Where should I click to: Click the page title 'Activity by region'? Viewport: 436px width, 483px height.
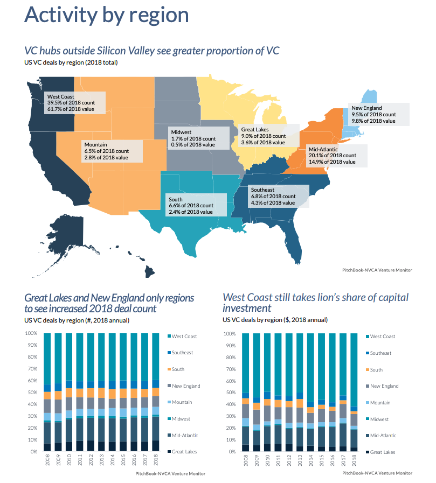pyautogui.click(x=107, y=15)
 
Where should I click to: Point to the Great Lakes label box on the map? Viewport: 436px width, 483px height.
pyautogui.click(x=268, y=136)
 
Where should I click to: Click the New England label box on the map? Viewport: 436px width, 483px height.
pyautogui.click(x=375, y=114)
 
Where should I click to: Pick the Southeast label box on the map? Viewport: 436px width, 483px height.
pyautogui.click(x=278, y=196)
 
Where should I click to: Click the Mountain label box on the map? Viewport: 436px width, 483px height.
pyautogui.click(x=112, y=151)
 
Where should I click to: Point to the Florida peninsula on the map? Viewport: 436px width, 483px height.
pyautogui.click(x=294, y=245)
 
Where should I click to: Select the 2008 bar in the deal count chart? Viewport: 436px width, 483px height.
pyautogui.click(x=47, y=392)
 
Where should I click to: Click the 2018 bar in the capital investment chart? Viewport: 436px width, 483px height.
pyautogui.click(x=354, y=392)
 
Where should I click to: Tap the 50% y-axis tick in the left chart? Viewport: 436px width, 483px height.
pyautogui.click(x=31, y=393)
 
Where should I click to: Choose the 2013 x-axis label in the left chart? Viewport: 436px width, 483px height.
pyautogui.click(x=102, y=462)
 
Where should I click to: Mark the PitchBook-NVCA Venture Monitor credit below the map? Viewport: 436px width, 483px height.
pyautogui.click(x=377, y=270)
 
